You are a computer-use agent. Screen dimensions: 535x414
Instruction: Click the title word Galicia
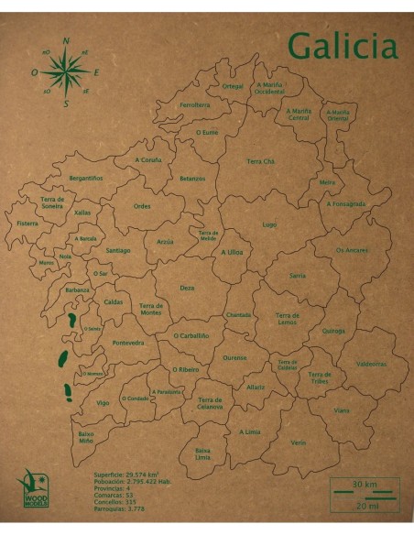(x=342, y=44)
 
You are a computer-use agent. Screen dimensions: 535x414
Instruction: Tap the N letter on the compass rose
(x=66, y=41)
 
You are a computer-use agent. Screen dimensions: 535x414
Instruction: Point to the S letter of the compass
(x=66, y=104)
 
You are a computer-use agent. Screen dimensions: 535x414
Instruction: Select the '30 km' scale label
(x=365, y=484)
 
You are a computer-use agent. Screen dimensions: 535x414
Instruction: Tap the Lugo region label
(x=268, y=224)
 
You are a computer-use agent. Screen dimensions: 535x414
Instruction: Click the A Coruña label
(x=148, y=159)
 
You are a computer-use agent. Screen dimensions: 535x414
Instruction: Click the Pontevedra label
(x=128, y=343)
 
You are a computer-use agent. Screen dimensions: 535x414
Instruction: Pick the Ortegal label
(x=233, y=86)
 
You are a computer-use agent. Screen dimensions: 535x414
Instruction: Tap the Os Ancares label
(x=351, y=249)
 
